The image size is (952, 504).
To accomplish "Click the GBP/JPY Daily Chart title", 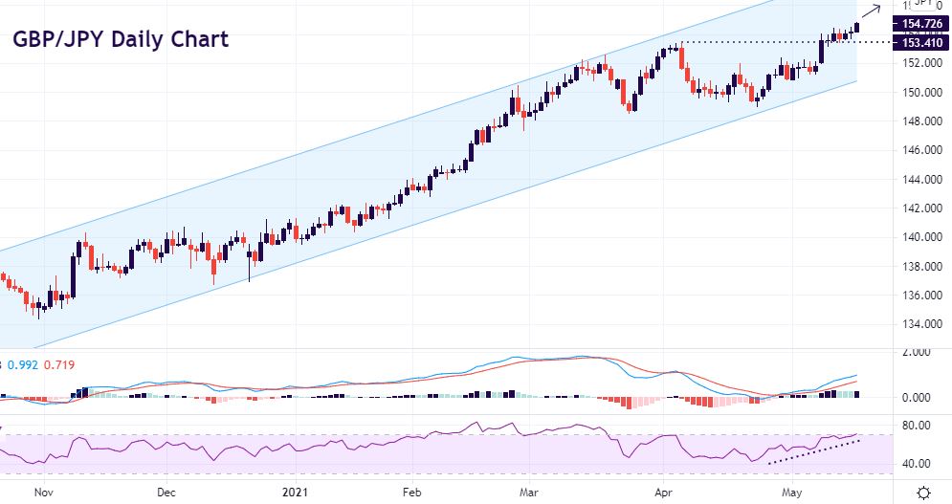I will (121, 40).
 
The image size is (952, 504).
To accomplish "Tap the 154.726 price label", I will (919, 23).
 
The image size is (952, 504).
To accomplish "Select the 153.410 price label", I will (919, 43).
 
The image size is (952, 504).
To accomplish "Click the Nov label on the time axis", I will (40, 492).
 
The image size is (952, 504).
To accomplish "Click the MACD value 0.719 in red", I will (58, 364).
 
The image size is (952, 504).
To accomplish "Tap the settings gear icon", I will (923, 492).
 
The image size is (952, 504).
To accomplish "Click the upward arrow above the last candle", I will (873, 11).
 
